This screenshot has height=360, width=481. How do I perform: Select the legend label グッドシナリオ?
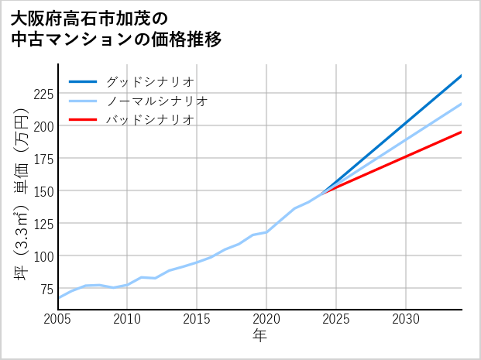pyautogui.click(x=150, y=81)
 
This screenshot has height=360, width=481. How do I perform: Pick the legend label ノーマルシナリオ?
pyautogui.click(x=156, y=101)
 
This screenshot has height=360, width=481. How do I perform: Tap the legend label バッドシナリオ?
pyautogui.click(x=150, y=120)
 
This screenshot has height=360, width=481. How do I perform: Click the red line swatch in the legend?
pyautogui.click(x=84, y=120)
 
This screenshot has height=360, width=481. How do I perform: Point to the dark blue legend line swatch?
pyautogui.click(x=84, y=81)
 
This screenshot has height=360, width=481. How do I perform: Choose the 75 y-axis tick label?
pyautogui.click(x=46, y=289)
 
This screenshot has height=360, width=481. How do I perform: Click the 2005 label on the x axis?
pyautogui.click(x=58, y=319)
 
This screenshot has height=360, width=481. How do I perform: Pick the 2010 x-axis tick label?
pyautogui.click(x=128, y=319)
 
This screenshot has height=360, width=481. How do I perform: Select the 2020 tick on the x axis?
pyautogui.click(x=266, y=319)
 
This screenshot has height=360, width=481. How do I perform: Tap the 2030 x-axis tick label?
pyautogui.click(x=406, y=319)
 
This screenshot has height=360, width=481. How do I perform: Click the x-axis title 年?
pyautogui.click(x=260, y=336)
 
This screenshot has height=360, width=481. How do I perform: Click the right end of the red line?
pyautogui.click(x=461, y=132)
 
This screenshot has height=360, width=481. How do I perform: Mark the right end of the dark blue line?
pyautogui.click(x=461, y=76)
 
